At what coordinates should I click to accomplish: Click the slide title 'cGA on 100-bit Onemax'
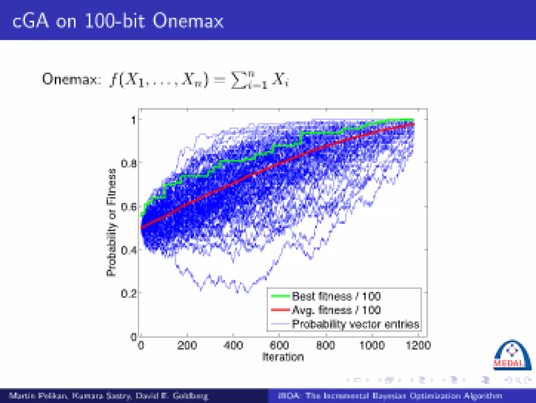coord(118,21)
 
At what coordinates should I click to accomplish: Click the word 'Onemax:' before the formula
coord(71,79)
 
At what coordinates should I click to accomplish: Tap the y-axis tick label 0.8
coord(129,164)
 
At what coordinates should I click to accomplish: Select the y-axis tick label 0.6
coord(129,207)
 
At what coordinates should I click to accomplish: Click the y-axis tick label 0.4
coord(129,250)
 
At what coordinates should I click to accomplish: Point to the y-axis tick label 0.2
coord(129,294)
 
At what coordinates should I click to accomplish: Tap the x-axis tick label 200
coord(187,345)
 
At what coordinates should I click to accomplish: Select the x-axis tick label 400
coord(233,345)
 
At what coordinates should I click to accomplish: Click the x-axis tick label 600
coord(279,345)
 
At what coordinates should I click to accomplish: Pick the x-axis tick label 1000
coord(372,345)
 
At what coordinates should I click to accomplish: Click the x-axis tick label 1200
coord(418,345)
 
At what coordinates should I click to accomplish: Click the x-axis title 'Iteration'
coord(283,357)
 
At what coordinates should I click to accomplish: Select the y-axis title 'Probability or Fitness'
coord(111,223)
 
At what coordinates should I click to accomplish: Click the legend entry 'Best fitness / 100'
coord(336,296)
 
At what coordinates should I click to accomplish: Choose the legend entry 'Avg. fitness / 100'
coord(336,310)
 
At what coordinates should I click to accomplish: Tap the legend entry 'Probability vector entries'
coord(355,324)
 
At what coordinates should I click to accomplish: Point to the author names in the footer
coord(109,396)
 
